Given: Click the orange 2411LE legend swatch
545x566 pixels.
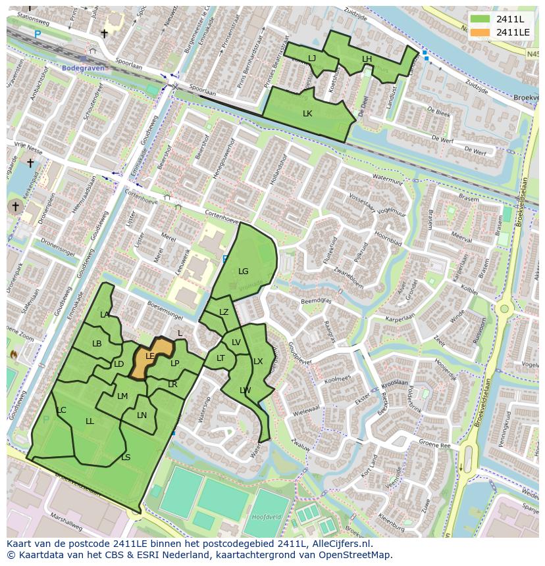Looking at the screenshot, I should click(480, 32).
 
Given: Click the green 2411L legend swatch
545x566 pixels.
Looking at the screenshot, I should click(480, 18).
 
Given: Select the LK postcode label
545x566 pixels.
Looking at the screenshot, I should click(307, 113).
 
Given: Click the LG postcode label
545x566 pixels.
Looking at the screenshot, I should click(244, 271).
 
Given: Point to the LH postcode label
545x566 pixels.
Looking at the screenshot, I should click(367, 59).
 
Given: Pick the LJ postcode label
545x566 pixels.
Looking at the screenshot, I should click(312, 59).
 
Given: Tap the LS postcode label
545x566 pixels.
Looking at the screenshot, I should click(126, 457).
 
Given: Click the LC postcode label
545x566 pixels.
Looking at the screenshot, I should click(61, 410).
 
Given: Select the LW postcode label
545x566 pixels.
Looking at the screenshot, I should click(246, 390).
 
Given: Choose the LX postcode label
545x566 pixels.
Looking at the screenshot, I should click(258, 362).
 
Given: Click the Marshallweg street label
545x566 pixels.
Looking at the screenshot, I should click(65, 517).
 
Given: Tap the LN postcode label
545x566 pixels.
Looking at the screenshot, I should click(142, 415).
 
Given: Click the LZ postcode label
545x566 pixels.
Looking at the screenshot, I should click(224, 312).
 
